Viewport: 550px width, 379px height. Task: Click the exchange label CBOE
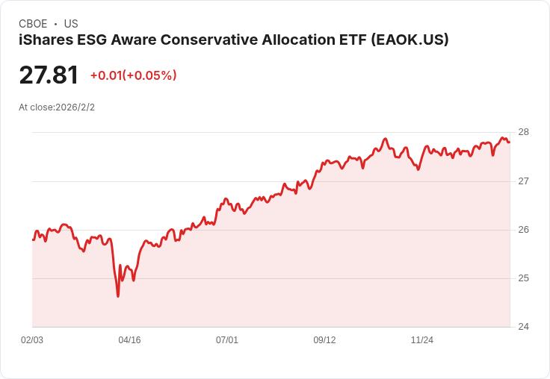coord(33,24)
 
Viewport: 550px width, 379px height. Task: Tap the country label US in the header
coord(71,24)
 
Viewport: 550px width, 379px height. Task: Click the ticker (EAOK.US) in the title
coord(410,40)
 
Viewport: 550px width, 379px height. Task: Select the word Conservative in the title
coord(227,40)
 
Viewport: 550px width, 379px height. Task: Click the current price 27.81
coord(49,75)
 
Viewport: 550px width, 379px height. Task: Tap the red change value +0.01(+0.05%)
coord(133,75)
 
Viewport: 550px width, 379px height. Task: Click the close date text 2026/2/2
coord(75,107)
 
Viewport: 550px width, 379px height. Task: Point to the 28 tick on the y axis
coord(523,132)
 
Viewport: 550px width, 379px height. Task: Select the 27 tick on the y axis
coord(523,181)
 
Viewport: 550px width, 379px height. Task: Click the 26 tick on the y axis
coord(523,230)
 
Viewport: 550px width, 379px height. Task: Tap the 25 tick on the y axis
coord(523,278)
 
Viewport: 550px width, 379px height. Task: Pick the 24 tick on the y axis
coord(523,327)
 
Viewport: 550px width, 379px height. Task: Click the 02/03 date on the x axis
coord(32,340)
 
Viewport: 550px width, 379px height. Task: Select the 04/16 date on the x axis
coord(129,340)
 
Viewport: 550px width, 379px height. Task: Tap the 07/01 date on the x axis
coord(227,340)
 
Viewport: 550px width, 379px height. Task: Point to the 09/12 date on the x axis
coord(324,340)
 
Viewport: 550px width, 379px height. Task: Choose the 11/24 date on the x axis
coord(422,340)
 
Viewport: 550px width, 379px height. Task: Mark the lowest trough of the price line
coord(118,296)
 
